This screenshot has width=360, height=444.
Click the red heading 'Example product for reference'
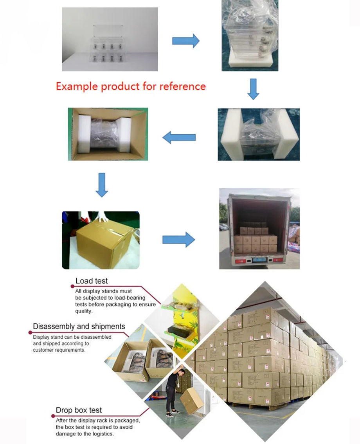point(131,87)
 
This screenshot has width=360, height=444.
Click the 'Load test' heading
point(92,281)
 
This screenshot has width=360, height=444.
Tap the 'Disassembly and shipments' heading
point(79,327)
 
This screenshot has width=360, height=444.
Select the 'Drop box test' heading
point(79,410)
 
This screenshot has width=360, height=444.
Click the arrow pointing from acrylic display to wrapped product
point(185,41)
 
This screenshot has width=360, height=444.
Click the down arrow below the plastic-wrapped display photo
point(253,89)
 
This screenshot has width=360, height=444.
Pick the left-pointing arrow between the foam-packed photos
point(179,137)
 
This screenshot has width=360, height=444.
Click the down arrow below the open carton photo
point(102,185)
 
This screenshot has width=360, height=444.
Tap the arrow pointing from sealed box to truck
point(178,240)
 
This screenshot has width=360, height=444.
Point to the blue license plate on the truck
point(259,259)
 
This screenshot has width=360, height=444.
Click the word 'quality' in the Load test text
point(83,311)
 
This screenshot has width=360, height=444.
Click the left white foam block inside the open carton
point(84,134)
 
